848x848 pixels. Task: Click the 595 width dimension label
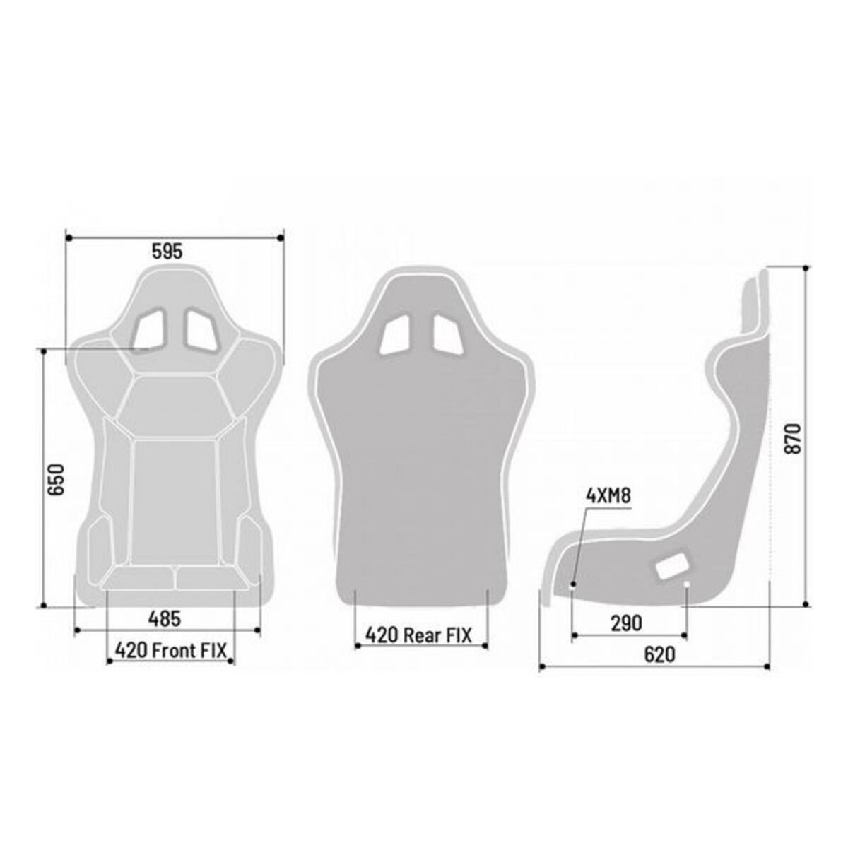tap(167, 251)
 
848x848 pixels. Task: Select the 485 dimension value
tap(165, 618)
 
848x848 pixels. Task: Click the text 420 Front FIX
tap(171, 650)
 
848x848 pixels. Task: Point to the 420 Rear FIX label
tap(418, 635)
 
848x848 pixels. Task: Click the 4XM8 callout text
tap(608, 495)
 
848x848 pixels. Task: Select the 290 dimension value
tap(627, 623)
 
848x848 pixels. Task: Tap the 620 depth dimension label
tap(659, 654)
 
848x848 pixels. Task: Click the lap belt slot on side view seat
tap(672, 565)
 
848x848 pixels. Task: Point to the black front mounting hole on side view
tap(572, 584)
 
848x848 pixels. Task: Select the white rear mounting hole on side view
tap(687, 584)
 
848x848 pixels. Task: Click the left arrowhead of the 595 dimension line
tap(66, 238)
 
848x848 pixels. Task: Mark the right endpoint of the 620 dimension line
tap(768, 666)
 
